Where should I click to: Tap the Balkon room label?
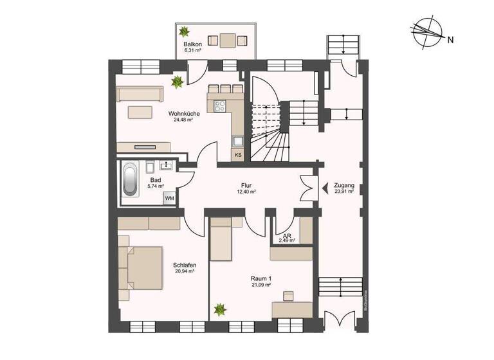click(x=193, y=46)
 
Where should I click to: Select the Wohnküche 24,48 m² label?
click(x=183, y=116)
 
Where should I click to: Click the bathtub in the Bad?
click(x=131, y=179)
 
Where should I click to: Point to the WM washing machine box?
click(x=169, y=199)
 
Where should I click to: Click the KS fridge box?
click(x=238, y=154)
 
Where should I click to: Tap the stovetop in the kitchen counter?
click(x=219, y=107)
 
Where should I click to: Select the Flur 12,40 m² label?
click(x=247, y=188)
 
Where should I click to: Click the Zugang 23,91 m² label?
click(x=343, y=188)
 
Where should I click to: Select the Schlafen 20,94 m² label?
click(x=184, y=268)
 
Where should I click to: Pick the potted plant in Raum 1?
click(x=220, y=309)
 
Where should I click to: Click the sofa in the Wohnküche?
click(x=138, y=94)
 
